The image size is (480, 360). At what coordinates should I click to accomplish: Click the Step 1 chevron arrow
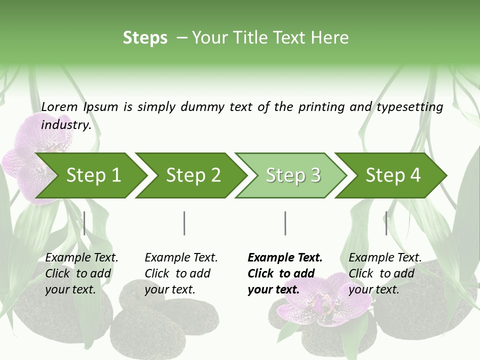(x=90, y=175)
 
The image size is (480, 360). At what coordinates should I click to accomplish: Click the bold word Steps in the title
(x=145, y=38)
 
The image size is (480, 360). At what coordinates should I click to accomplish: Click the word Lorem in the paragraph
(x=59, y=106)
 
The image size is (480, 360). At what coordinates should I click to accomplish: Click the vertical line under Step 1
(x=84, y=223)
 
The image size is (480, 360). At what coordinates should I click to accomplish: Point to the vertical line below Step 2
(x=184, y=223)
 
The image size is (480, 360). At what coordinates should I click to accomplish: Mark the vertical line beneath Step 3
(x=285, y=223)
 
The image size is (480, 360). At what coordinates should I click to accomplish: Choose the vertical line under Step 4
(x=386, y=223)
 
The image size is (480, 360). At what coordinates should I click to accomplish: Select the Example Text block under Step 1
(x=81, y=273)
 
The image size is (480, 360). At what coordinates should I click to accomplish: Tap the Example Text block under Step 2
(x=181, y=273)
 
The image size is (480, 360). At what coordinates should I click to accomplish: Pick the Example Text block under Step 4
(x=385, y=273)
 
